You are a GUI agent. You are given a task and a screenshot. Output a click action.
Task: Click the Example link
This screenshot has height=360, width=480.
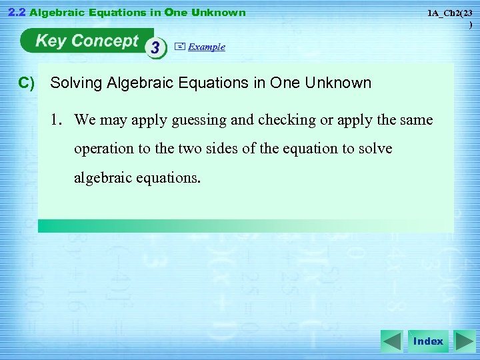tap(207, 47)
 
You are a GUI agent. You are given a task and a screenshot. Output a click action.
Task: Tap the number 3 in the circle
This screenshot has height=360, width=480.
tap(156, 48)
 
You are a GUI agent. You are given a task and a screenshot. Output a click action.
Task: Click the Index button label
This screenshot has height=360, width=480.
tap(428, 341)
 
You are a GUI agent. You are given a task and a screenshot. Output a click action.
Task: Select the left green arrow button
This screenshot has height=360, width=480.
tap(392, 341)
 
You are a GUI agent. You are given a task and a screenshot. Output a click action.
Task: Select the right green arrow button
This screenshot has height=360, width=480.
tap(464, 341)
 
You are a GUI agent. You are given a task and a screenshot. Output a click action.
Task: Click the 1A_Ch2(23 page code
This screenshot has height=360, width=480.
tap(450, 13)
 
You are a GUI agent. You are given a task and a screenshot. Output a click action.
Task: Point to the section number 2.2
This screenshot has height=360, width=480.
tap(15, 12)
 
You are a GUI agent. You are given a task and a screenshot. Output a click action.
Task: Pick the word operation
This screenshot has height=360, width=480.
tap(104, 149)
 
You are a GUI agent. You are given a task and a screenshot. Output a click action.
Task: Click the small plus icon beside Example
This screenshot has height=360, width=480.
tap(179, 47)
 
